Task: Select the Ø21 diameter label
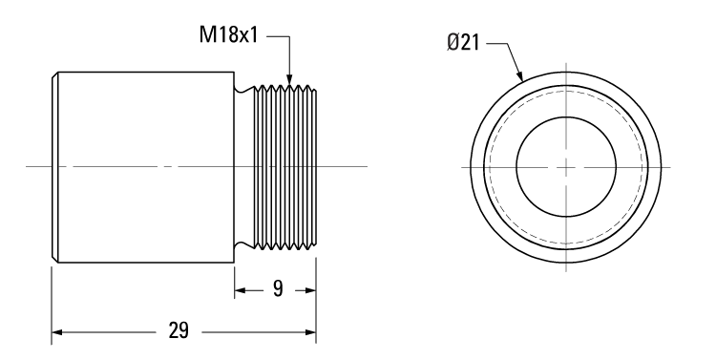pyautogui.click(x=467, y=42)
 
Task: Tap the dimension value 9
pyautogui.click(x=276, y=288)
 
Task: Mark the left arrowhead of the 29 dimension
pyautogui.click(x=56, y=332)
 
